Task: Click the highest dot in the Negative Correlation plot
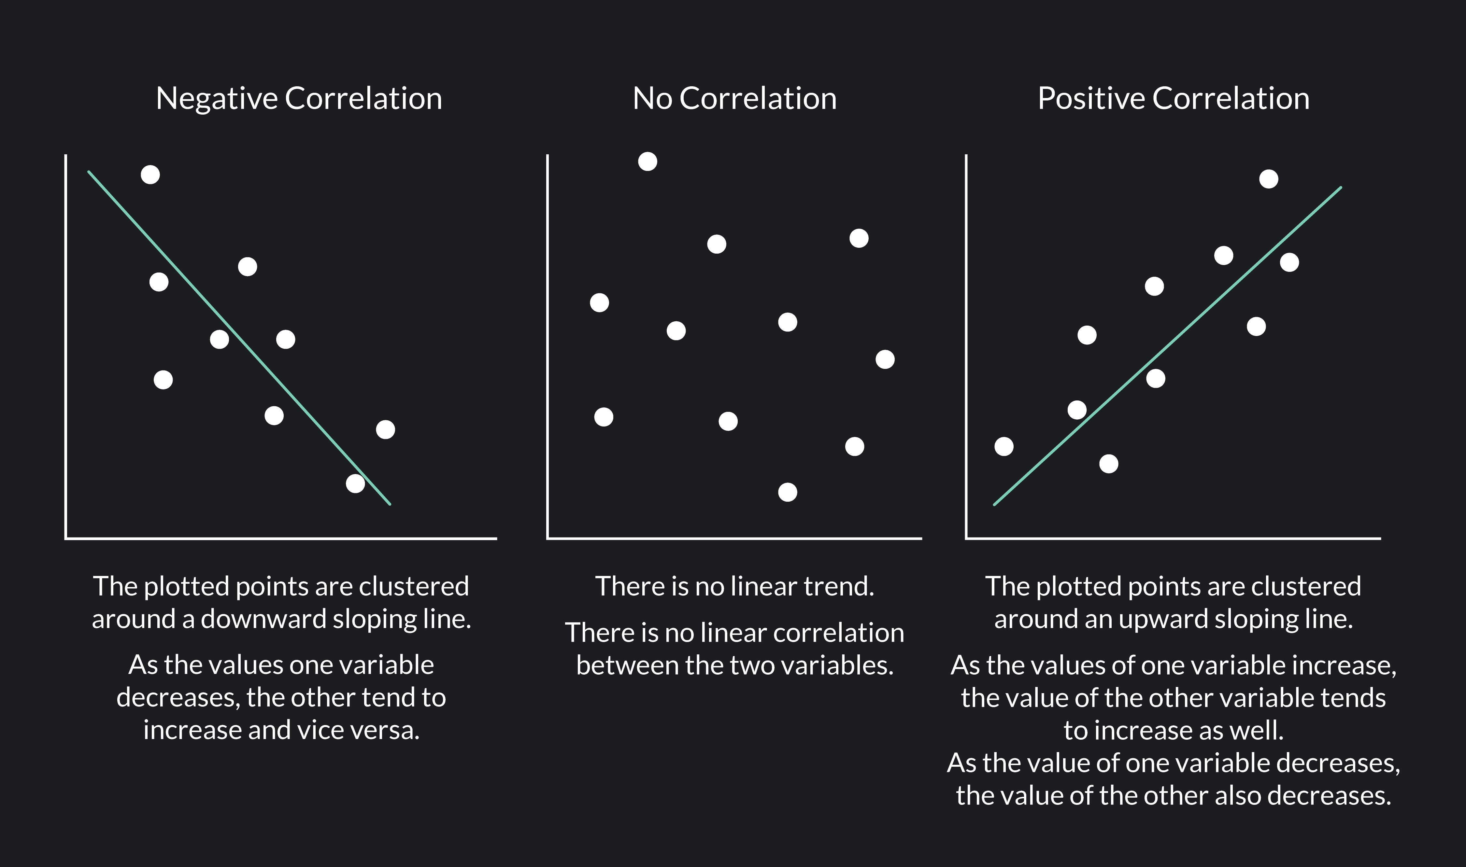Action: (x=150, y=175)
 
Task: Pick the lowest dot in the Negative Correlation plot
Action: (x=355, y=483)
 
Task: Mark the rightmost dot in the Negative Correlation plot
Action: (x=385, y=429)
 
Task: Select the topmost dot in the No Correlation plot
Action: (x=648, y=161)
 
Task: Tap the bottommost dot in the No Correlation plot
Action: (x=788, y=492)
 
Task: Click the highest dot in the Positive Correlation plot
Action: (x=1269, y=179)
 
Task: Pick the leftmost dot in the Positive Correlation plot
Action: (x=1004, y=446)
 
